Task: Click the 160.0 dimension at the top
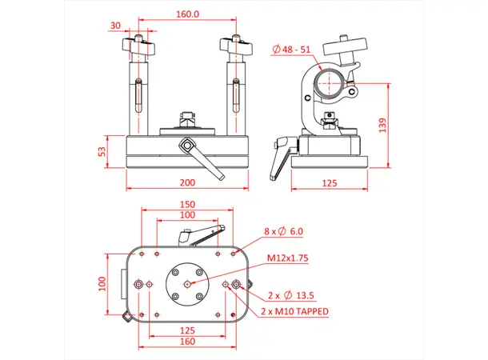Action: (x=188, y=14)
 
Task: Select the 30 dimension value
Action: (x=115, y=25)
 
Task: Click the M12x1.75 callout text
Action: (x=289, y=258)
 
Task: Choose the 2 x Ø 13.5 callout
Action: (x=293, y=293)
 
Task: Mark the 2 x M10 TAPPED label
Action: (x=294, y=310)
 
